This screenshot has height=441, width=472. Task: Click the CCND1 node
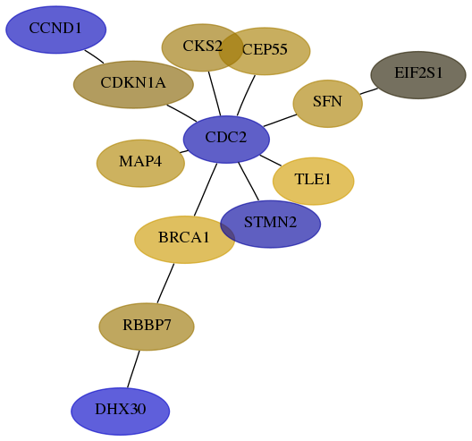click(x=56, y=30)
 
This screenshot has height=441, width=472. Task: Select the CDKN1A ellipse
click(x=133, y=84)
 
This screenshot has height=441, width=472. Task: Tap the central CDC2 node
click(x=226, y=140)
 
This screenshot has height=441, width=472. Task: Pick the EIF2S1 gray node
click(x=418, y=75)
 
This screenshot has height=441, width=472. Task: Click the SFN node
click(x=328, y=104)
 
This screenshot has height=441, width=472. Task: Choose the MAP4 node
click(x=140, y=164)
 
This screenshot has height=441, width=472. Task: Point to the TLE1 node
click(x=314, y=181)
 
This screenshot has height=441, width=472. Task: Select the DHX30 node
click(x=121, y=411)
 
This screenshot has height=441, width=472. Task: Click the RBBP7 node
click(x=147, y=327)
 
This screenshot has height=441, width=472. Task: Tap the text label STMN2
click(x=270, y=223)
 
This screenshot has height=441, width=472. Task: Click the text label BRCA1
click(x=184, y=237)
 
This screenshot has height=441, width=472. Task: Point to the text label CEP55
click(x=265, y=49)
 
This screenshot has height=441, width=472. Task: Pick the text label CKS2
click(x=203, y=47)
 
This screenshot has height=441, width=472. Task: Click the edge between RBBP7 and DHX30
click(x=133, y=369)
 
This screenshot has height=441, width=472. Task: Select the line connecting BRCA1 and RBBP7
click(x=165, y=284)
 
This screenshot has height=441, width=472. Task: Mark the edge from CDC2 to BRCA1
click(x=206, y=190)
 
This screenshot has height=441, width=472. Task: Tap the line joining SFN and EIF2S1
click(x=368, y=91)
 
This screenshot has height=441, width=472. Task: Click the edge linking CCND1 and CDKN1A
click(x=94, y=56)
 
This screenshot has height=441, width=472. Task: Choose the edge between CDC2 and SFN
click(x=280, y=121)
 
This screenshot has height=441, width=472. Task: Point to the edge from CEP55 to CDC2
click(x=246, y=95)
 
